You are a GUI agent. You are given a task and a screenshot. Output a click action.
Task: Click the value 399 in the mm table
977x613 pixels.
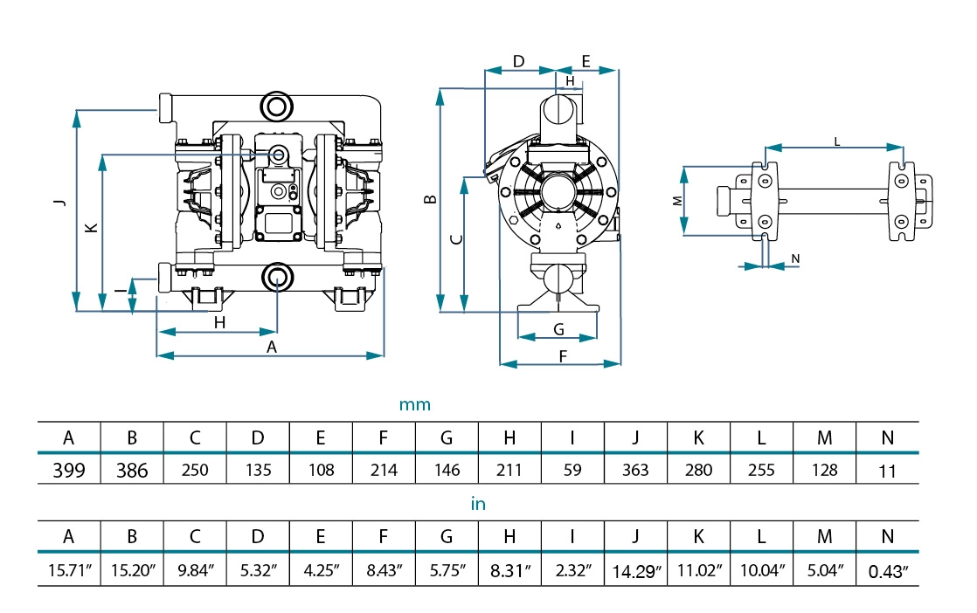69,470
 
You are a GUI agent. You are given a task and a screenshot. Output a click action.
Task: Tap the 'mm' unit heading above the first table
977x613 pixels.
415,405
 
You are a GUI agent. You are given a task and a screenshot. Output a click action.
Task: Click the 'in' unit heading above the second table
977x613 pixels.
478,504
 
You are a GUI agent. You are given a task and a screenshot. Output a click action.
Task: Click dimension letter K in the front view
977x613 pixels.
90,228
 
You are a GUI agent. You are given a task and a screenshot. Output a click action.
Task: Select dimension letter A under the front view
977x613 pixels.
271,348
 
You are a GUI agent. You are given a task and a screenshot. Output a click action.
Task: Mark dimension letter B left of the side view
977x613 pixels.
430,200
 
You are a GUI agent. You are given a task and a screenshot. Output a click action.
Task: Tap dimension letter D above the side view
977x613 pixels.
518,61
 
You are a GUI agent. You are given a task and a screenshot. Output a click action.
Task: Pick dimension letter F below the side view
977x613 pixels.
563,355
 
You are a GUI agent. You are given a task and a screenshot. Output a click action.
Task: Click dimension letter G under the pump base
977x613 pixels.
558,329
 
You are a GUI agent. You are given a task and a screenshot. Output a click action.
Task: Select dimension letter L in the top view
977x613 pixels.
836,140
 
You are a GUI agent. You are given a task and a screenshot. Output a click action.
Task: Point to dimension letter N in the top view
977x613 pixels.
794,258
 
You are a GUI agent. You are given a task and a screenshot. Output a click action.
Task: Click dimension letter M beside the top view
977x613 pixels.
677,200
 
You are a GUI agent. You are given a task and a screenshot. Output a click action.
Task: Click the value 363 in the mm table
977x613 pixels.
635,470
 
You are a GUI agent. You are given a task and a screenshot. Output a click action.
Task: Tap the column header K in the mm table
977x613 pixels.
698,437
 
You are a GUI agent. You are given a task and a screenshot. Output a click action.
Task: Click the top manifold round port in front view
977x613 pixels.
277,107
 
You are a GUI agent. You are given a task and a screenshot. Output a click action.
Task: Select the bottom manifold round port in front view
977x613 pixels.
277,277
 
